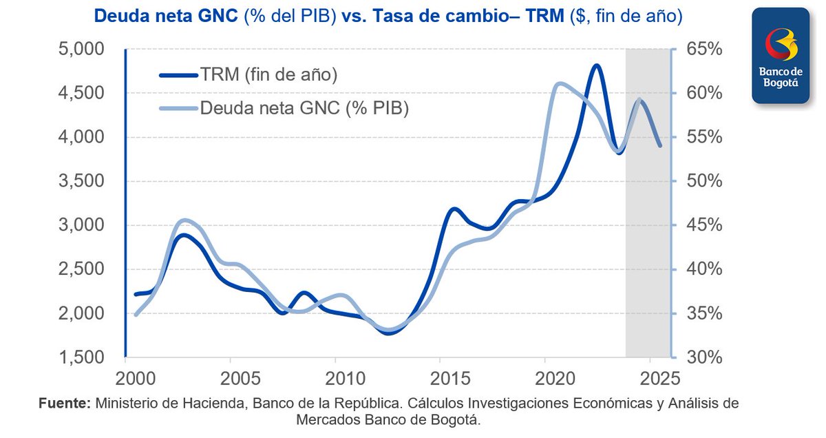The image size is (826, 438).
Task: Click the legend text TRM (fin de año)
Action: pyautogui.click(x=268, y=75)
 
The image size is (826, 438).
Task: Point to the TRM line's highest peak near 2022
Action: pyautogui.click(x=596, y=66)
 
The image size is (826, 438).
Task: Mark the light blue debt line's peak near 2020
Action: pyautogui.click(x=559, y=83)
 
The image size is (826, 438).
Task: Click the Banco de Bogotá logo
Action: pyautogui.click(x=780, y=56)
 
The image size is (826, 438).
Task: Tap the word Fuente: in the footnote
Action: pyautogui.click(x=63, y=404)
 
